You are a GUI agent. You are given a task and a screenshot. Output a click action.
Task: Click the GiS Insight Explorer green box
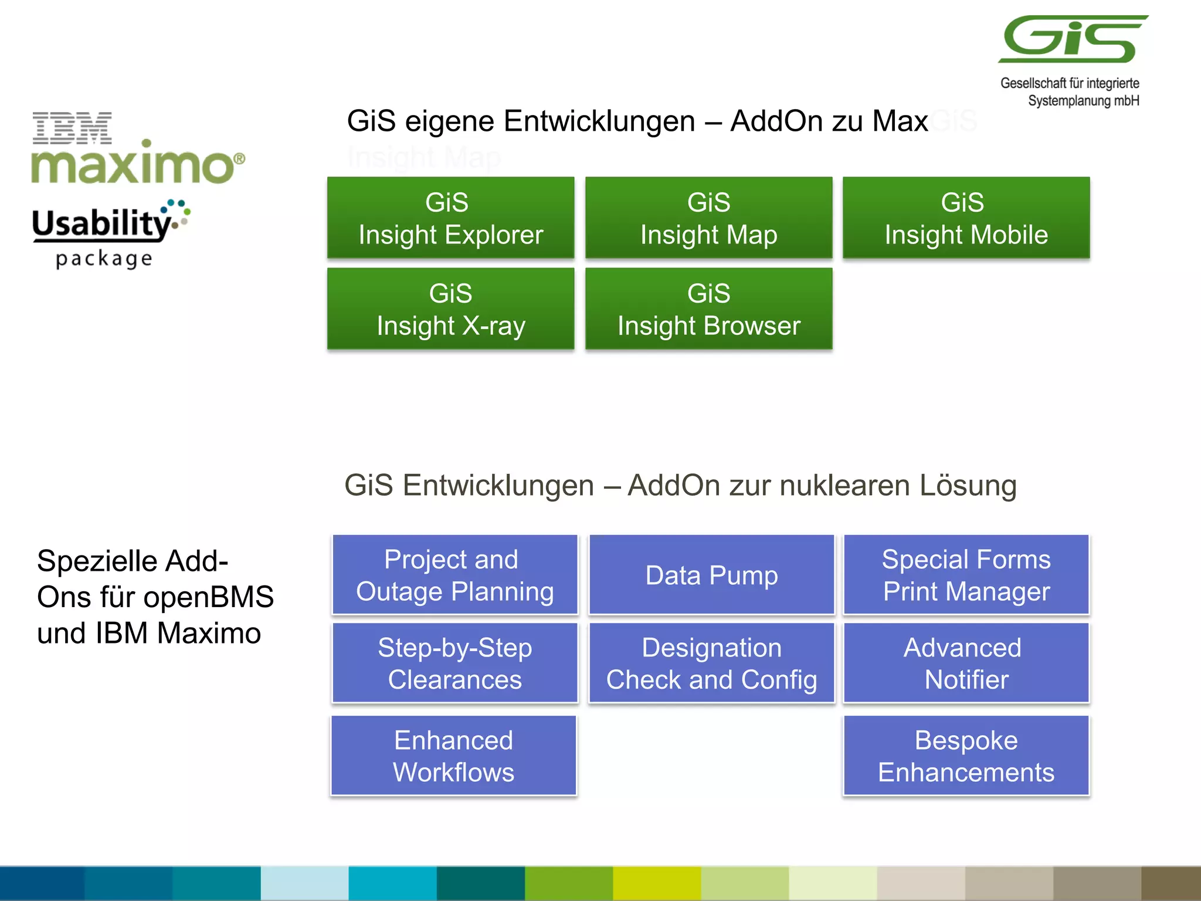point(450,218)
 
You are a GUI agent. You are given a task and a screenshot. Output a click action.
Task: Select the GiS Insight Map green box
point(708,218)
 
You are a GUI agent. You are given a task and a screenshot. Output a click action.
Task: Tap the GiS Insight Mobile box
point(966,218)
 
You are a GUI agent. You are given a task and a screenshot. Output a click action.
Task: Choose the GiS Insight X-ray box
point(450,309)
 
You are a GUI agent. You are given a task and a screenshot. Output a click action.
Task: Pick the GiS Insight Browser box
point(708,309)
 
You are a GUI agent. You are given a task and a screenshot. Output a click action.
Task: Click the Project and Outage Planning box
point(454,575)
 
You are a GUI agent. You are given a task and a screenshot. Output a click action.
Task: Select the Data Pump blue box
point(711,575)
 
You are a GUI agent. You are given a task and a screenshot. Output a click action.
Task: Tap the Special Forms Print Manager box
point(966,575)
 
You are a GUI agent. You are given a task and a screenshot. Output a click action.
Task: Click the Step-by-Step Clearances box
point(454,663)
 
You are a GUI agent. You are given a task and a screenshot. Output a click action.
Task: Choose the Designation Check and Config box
point(711,663)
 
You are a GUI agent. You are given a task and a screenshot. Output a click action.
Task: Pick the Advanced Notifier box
point(966,663)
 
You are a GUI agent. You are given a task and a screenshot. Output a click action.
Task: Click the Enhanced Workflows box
point(453,756)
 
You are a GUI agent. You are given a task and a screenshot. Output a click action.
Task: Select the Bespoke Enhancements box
point(966,756)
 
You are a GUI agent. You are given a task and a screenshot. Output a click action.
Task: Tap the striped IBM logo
point(72,128)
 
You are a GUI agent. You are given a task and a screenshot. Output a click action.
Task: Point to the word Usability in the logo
point(101,223)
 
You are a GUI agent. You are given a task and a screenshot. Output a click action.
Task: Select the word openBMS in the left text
point(208,597)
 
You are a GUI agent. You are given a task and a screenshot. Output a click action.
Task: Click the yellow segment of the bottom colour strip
point(657,883)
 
